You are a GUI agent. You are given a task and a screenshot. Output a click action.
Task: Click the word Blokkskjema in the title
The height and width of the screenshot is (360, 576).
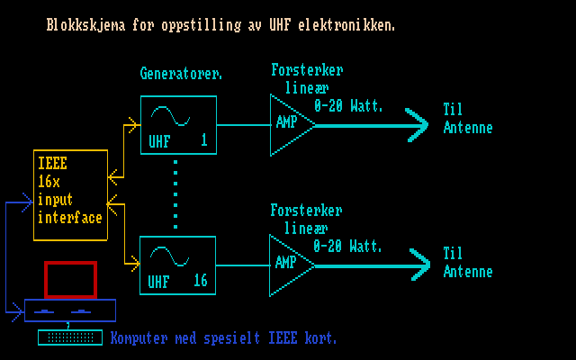point(82,26)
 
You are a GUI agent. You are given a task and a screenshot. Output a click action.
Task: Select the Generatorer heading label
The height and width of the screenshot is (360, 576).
point(181,72)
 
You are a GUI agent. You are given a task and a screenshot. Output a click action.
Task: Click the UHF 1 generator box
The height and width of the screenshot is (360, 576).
point(178,125)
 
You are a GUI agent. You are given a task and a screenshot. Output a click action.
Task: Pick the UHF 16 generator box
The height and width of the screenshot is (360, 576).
point(178,265)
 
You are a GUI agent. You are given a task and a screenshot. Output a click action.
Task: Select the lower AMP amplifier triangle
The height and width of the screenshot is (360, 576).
point(288,264)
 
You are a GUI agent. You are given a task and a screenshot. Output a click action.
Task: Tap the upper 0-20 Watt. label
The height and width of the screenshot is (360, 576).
point(348,106)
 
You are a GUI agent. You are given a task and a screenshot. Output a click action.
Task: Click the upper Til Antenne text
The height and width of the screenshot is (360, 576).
point(468,118)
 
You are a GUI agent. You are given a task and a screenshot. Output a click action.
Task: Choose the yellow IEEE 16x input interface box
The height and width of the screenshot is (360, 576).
point(70,195)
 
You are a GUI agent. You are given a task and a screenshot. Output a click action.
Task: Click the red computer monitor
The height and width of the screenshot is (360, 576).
point(70,279)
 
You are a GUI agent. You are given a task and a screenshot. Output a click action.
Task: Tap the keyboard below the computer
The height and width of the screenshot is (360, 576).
point(70,337)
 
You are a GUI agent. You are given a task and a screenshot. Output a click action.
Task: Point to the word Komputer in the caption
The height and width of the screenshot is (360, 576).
point(139,338)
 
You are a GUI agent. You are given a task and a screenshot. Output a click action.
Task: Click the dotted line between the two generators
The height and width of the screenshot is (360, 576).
point(175,194)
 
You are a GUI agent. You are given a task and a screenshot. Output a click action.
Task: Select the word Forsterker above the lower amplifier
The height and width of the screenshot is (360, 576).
point(306,211)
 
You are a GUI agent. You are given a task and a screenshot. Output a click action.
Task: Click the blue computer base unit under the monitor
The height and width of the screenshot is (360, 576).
point(70,310)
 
